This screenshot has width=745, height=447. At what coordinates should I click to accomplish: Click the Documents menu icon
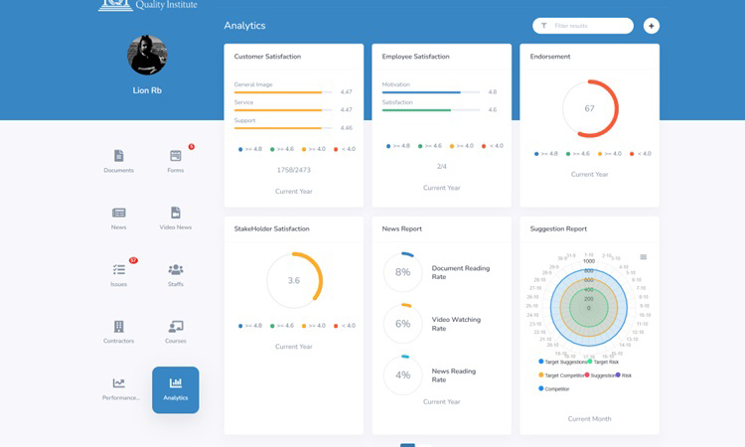coord(118,156)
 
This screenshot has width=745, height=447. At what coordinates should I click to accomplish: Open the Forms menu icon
coord(176,156)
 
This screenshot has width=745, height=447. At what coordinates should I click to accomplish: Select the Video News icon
coord(176,213)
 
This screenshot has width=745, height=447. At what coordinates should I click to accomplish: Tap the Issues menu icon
coord(118,269)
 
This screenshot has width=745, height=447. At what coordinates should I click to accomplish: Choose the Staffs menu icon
coord(176,269)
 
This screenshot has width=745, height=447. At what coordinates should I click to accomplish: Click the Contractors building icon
coord(118,326)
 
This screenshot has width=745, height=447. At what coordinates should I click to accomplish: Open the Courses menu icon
coord(176,326)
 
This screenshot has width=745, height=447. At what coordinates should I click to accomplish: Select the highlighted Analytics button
coord(176,389)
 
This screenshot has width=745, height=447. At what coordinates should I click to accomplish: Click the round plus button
coord(652,26)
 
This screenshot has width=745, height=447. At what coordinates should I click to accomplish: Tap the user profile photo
coord(147,56)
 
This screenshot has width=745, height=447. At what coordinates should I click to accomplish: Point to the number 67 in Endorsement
coord(589,108)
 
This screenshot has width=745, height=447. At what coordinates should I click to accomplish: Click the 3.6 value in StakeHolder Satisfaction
coord(294,281)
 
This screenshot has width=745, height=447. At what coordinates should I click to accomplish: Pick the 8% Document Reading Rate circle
coord(403,272)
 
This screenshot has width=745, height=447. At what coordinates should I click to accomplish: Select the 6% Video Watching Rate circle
coord(403,324)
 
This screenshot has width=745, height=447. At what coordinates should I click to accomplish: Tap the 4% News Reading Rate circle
coord(403,375)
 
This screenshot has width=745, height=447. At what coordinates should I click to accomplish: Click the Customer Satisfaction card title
coord(267,57)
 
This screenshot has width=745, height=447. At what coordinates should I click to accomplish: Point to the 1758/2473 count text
coord(293,170)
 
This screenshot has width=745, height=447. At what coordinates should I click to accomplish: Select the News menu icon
coord(118,213)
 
